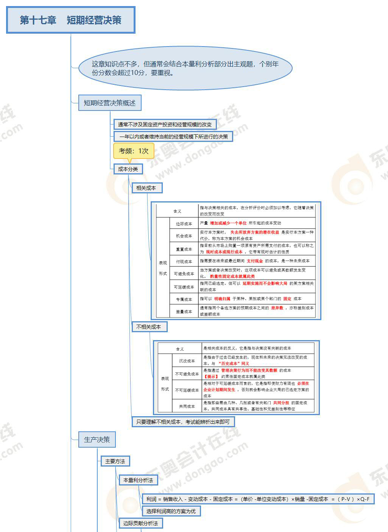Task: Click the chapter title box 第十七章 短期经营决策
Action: [x=71, y=20]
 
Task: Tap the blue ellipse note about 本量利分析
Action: [x=185, y=68]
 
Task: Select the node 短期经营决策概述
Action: [x=110, y=103]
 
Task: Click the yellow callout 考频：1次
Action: [x=134, y=151]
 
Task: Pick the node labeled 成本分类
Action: [x=128, y=169]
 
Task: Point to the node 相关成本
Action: [x=146, y=188]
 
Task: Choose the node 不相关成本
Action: [x=149, y=327]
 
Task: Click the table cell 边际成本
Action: [x=184, y=224]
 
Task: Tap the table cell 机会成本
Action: [x=184, y=236]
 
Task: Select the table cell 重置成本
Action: [x=184, y=249]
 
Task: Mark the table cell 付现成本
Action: [x=184, y=261]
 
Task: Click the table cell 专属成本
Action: [x=184, y=299]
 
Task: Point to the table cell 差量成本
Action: [x=184, y=312]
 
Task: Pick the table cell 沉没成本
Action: [x=187, y=361]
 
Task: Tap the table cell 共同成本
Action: [x=187, y=406]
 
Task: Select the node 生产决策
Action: [x=97, y=440]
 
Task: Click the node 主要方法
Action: [x=115, y=461]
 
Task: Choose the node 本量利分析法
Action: [x=138, y=480]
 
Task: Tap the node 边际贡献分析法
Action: [x=140, y=523]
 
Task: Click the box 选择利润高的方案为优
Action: [x=171, y=511]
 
